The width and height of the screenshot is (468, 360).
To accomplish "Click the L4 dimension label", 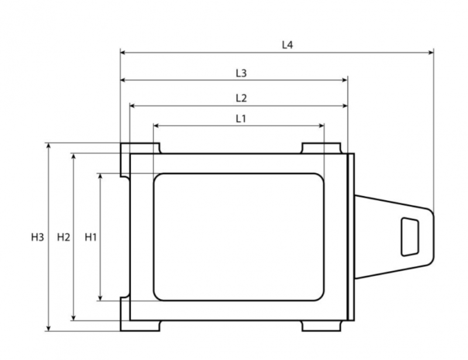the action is pos(287,45).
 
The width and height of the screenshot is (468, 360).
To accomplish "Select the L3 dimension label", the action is pos(241,73).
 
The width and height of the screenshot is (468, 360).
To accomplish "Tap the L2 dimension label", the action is pos(241,98).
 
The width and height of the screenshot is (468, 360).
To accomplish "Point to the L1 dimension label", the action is pos(240,119).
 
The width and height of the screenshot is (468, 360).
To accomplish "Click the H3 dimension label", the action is pos(37,237).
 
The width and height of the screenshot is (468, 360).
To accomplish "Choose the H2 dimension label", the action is pos(64,237).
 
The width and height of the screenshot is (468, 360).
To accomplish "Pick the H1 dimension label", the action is pos(91,237).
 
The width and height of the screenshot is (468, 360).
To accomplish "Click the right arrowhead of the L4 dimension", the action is pos(431,53).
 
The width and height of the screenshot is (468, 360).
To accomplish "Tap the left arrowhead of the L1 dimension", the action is pos(156,126).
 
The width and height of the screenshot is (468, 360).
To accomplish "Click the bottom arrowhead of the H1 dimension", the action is pos(100,298).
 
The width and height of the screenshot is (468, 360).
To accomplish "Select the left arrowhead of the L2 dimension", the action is pos(133,106).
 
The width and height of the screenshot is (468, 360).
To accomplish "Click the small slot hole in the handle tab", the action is pos(410,237).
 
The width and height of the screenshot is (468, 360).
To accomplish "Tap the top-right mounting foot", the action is pos(321,148).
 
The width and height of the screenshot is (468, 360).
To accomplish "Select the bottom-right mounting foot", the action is pos(321,325).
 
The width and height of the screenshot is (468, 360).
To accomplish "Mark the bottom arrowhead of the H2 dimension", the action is pos(74,318).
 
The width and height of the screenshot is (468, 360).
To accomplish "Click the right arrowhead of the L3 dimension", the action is pos(345,80).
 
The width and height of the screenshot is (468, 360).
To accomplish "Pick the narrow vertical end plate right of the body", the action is pos(351,237).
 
